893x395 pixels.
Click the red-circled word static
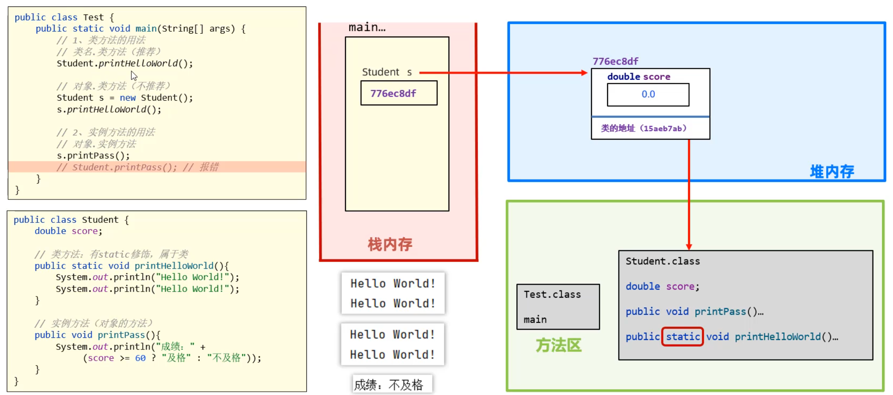click(x=682, y=337)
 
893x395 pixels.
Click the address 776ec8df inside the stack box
click(x=393, y=93)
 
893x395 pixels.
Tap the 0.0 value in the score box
click(x=648, y=94)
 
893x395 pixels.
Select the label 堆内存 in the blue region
click(x=832, y=172)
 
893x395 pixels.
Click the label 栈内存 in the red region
click(x=390, y=244)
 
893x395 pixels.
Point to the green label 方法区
click(x=558, y=345)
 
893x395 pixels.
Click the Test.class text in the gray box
click(x=552, y=294)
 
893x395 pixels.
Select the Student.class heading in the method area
click(x=662, y=261)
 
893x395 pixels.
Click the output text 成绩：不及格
click(x=389, y=385)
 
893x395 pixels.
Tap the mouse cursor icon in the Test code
click(x=134, y=76)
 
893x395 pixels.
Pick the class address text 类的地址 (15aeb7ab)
click(x=643, y=128)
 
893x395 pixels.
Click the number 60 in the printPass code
click(x=140, y=358)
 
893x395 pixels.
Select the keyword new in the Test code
click(x=128, y=98)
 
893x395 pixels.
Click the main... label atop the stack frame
click(x=367, y=27)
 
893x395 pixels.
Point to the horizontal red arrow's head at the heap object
click(x=585, y=73)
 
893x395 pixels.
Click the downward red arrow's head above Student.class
click(x=689, y=246)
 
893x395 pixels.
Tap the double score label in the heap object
click(x=639, y=76)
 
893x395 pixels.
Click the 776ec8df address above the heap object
click(x=615, y=61)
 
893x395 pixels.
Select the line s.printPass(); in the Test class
click(x=93, y=156)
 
